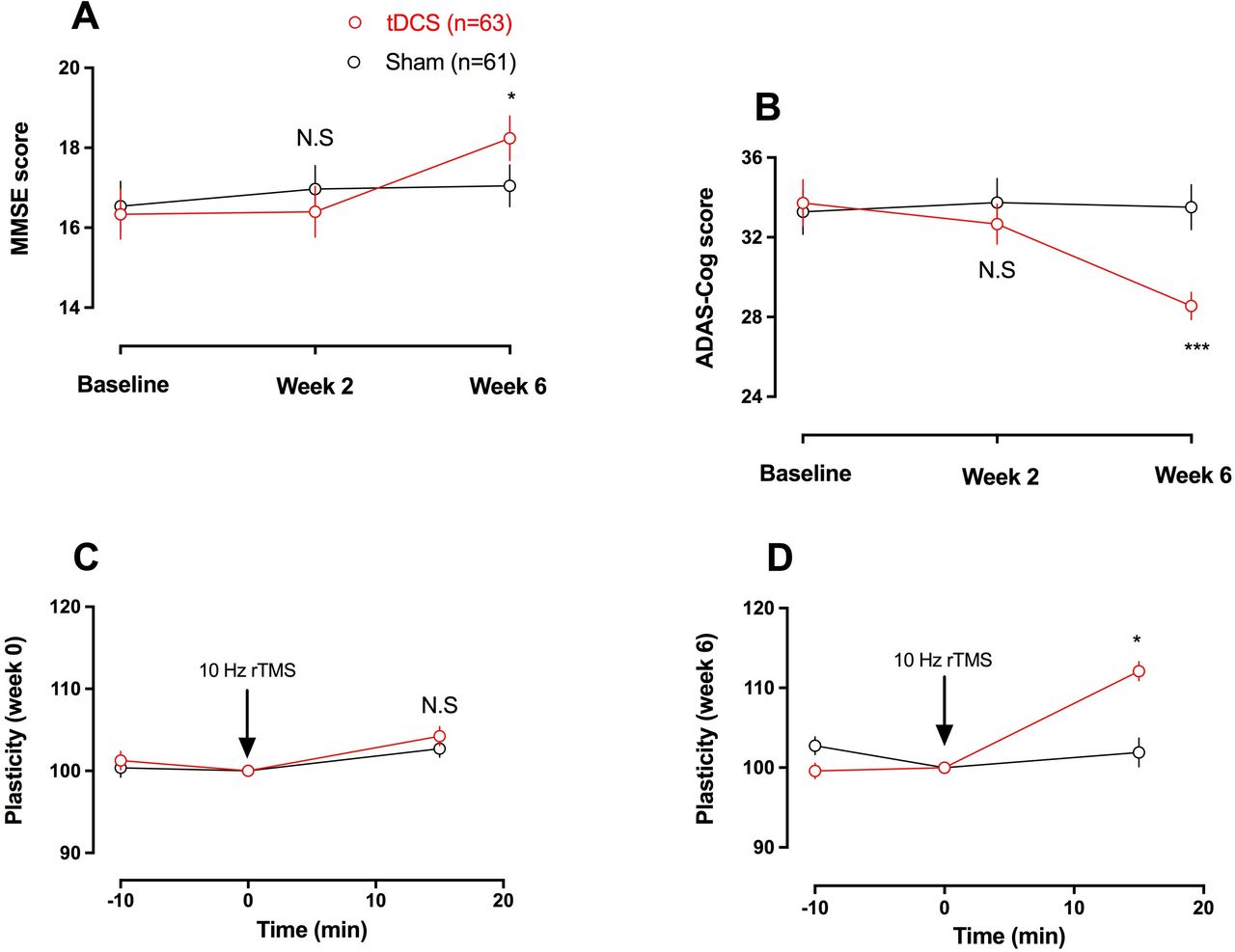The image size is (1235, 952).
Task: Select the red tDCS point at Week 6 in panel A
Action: pyautogui.click(x=509, y=139)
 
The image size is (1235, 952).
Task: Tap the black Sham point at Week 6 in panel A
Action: pyautogui.click(x=509, y=186)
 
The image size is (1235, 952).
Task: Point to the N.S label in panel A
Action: pyautogui.click(x=315, y=139)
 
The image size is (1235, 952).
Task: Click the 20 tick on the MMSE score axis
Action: pyautogui.click(x=69, y=68)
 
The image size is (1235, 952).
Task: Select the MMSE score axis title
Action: pyautogui.click(x=21, y=189)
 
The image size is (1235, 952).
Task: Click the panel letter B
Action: pyautogui.click(x=767, y=107)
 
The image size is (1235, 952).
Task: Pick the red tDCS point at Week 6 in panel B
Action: pyautogui.click(x=1191, y=307)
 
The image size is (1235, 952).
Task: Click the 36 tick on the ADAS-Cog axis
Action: pyautogui.click(x=751, y=158)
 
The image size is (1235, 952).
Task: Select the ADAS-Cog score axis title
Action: pyautogui.click(x=705, y=278)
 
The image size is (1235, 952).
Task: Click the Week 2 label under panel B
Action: pyautogui.click(x=1000, y=477)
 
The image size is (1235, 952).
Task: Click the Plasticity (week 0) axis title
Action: pyautogui.click(x=14, y=730)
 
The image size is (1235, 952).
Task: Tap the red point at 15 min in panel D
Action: pyautogui.click(x=1139, y=671)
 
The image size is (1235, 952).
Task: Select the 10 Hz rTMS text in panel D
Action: pyautogui.click(x=943, y=661)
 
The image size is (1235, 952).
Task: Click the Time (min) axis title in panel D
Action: pyautogui.click(x=1008, y=936)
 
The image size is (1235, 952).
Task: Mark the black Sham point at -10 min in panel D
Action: pyautogui.click(x=815, y=746)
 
